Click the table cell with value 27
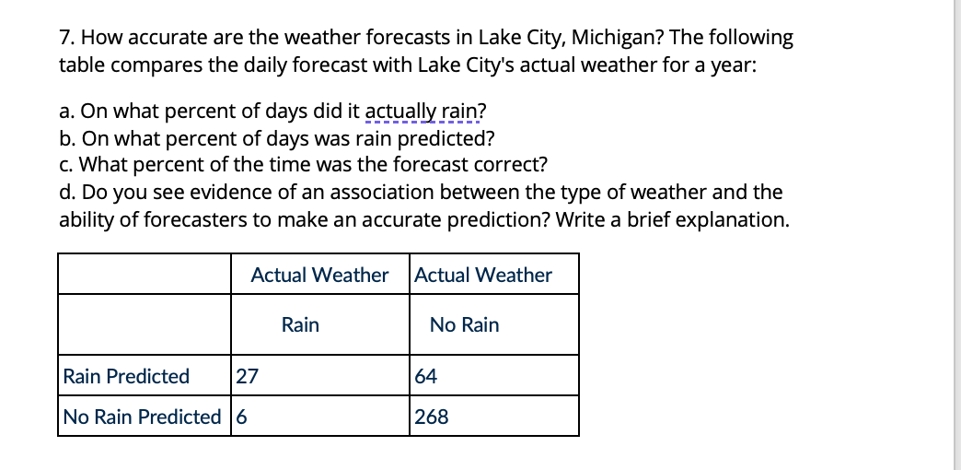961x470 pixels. [x=247, y=376]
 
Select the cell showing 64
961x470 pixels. [x=426, y=376]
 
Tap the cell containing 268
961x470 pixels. [x=432, y=417]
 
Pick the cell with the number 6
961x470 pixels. [x=242, y=417]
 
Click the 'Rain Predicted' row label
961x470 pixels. [x=126, y=376]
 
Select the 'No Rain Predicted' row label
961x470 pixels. [x=142, y=417]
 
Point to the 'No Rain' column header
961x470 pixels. [x=464, y=324]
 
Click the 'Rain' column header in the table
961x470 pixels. [x=300, y=324]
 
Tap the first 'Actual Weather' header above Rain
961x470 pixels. [x=319, y=275]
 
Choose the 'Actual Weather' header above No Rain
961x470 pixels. [x=483, y=275]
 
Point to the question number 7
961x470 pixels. [x=64, y=38]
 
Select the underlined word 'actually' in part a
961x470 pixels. [x=397, y=112]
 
